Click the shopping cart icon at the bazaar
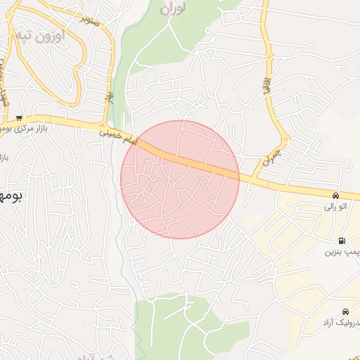tap(19, 117)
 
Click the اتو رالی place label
tap(335, 206)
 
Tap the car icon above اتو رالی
tap(337, 195)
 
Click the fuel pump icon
tap(342, 240)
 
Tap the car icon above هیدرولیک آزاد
tap(345, 311)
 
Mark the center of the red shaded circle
tap(179, 179)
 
